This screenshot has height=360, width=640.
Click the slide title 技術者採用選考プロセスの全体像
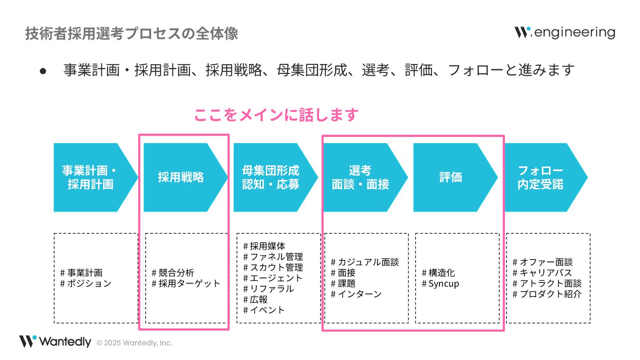tap(132, 34)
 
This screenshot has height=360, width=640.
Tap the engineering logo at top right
tap(565, 32)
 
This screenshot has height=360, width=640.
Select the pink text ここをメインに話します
tap(276, 115)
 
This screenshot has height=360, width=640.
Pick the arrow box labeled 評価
tap(451, 177)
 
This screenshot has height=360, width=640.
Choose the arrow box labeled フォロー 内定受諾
tap(540, 177)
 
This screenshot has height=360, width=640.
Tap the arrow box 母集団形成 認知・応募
tap(271, 177)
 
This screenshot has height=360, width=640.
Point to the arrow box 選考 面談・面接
tap(360, 177)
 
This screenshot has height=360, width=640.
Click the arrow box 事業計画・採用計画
tap(91, 177)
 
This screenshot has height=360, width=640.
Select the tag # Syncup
tap(440, 284)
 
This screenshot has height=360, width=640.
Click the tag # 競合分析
tap(173, 273)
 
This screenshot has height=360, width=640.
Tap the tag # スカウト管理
tap(273, 268)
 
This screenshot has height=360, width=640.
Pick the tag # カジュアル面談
tap(365, 262)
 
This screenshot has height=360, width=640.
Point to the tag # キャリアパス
tap(542, 273)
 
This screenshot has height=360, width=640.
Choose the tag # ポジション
tap(86, 284)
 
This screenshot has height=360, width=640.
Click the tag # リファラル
tap(268, 289)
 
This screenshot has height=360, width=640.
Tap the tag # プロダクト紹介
tap(547, 294)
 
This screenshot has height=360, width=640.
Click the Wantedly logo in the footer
tap(55, 342)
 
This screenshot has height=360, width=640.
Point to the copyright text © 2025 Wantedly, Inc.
tap(134, 343)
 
